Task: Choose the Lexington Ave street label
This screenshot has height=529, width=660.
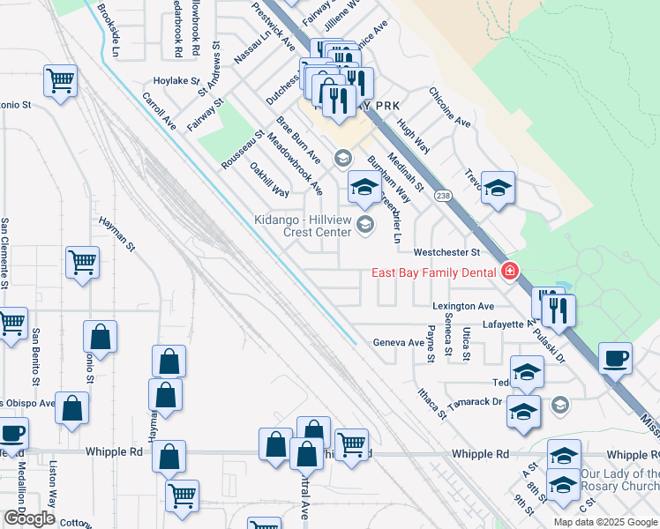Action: point(462,306)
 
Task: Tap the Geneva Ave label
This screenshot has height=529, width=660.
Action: point(398,342)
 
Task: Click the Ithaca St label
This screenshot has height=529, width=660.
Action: point(431,398)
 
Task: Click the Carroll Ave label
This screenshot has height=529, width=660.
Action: point(159,111)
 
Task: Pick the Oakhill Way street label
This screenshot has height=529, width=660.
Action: point(269,179)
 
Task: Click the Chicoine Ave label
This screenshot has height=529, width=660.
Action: point(450,107)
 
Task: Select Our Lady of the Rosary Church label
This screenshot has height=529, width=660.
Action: point(619,481)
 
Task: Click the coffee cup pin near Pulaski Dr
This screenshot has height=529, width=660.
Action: point(615,360)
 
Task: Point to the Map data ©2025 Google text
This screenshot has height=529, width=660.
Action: point(604,522)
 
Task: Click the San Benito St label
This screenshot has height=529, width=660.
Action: point(36,358)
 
